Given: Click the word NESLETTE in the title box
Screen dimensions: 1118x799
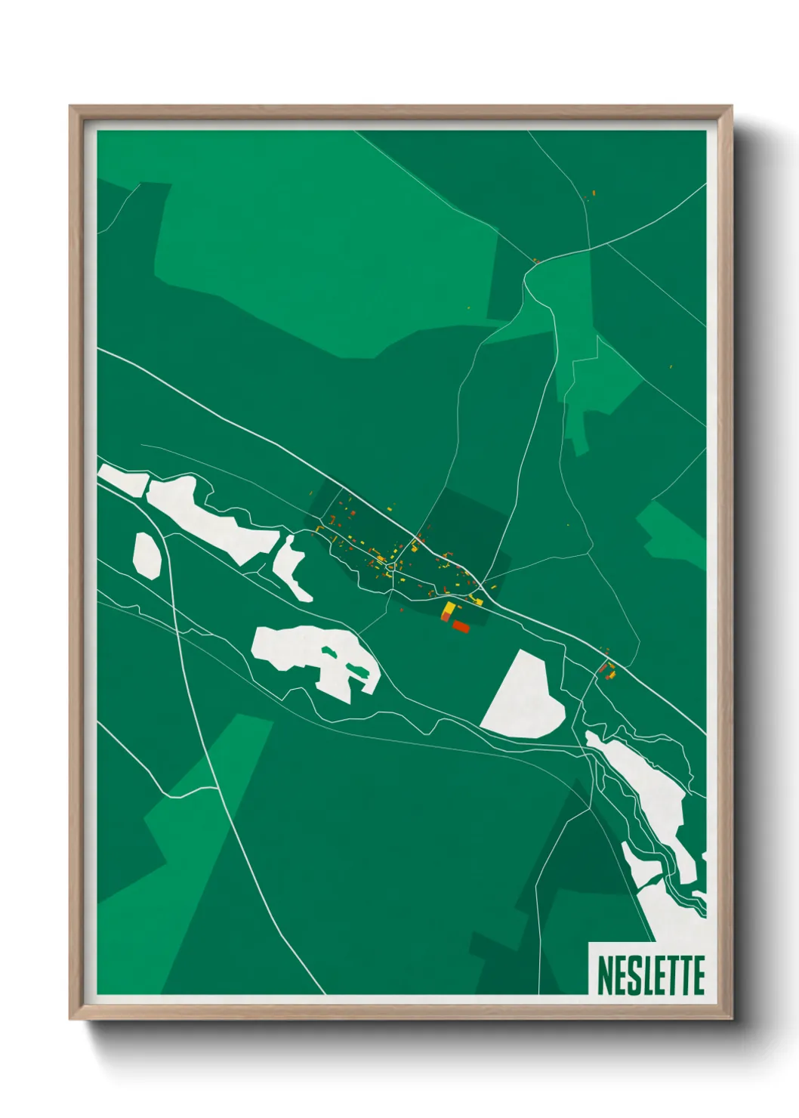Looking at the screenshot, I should point(650,975).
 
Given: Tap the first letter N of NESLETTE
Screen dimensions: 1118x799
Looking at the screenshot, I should point(604,975).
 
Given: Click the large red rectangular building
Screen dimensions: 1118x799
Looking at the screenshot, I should point(461,626).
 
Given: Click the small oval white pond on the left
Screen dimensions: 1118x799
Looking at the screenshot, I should point(147,556).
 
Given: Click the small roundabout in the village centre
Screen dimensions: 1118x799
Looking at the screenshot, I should point(390,566).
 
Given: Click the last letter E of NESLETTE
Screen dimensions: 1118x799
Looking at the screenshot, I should point(697,975).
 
